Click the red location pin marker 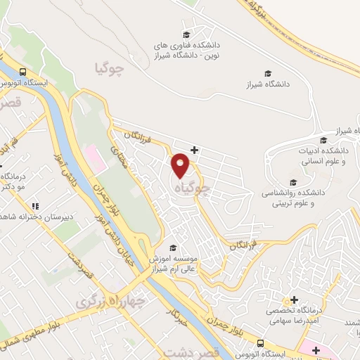coord(181,165)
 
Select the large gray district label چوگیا coord(112,67)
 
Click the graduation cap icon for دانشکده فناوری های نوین coord(186,34)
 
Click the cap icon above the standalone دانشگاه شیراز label coord(267,73)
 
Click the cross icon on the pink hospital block coord(316,349)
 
